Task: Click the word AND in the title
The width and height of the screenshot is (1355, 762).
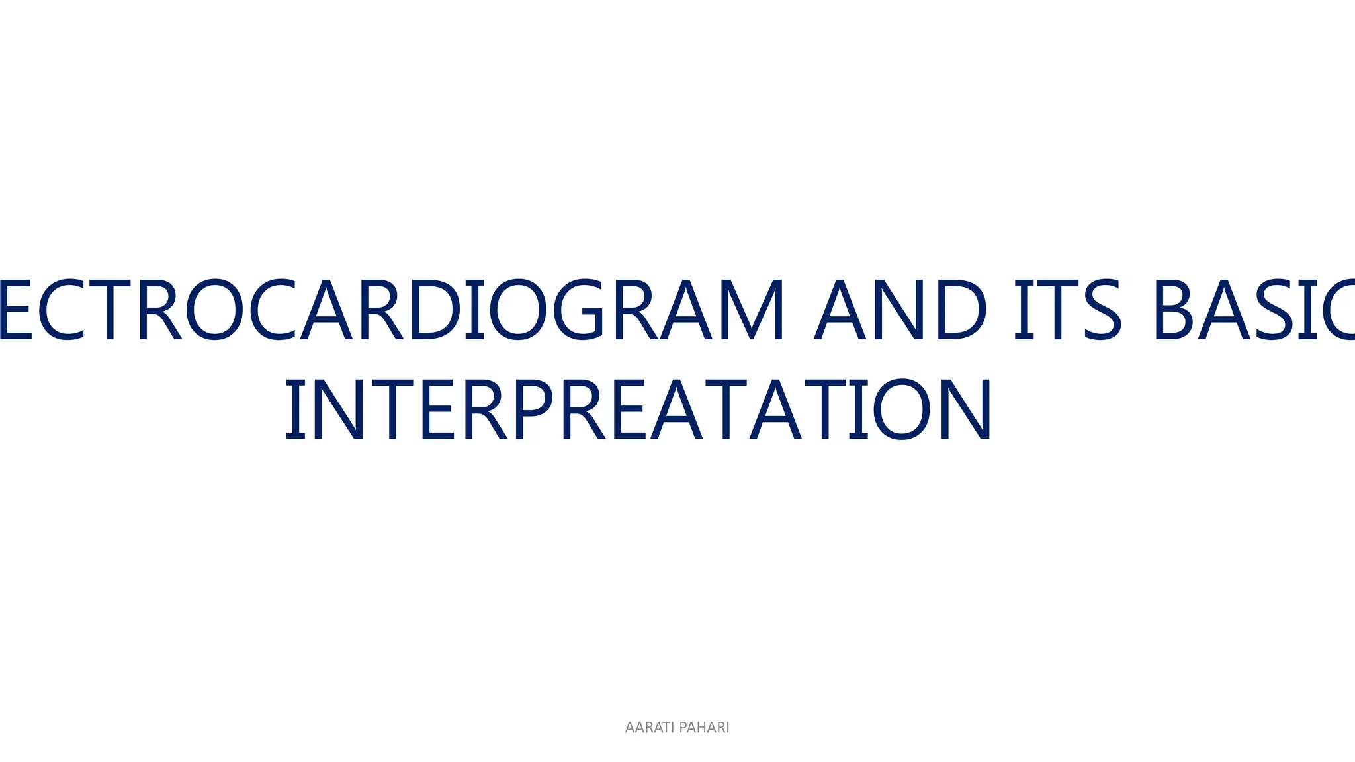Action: click(900, 310)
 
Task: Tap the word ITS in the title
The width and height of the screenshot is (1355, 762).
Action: click(1067, 310)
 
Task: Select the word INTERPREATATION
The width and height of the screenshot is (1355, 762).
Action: click(638, 410)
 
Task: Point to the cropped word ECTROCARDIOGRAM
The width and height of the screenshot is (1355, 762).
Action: click(390, 310)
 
